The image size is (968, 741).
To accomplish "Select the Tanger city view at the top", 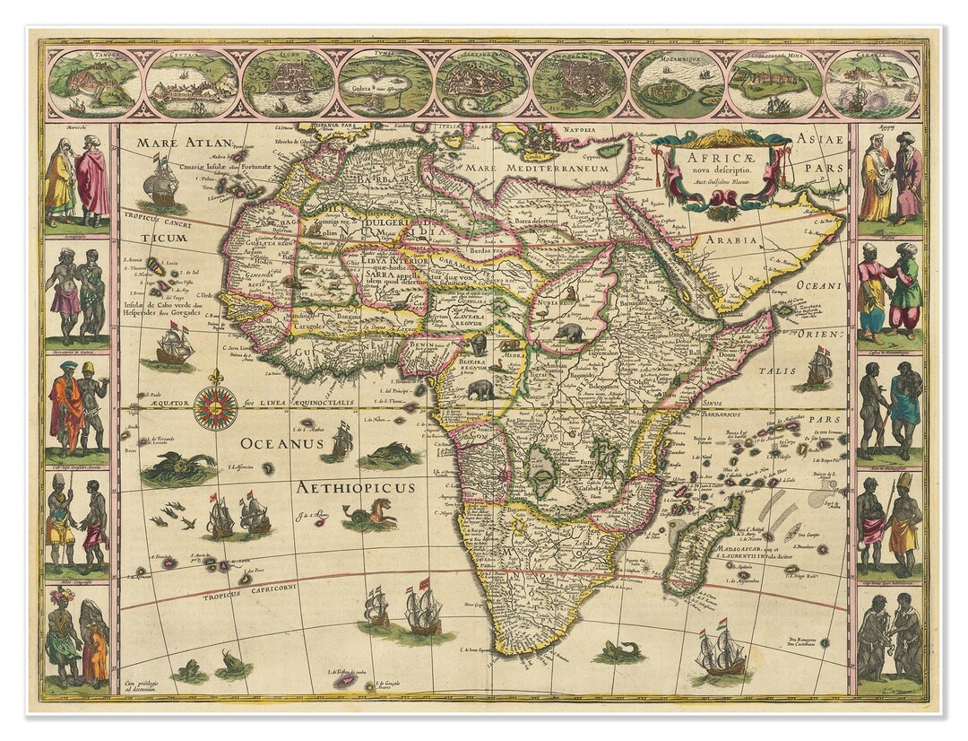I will click(94, 83).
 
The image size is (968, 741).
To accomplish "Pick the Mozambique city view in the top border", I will click(677, 83).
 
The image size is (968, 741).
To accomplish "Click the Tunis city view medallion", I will click(385, 83).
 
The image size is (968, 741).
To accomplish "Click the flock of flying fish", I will click(174, 515).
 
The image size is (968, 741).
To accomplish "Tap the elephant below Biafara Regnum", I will click(480, 390).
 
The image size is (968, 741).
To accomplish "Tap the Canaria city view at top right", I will click(871, 83).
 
